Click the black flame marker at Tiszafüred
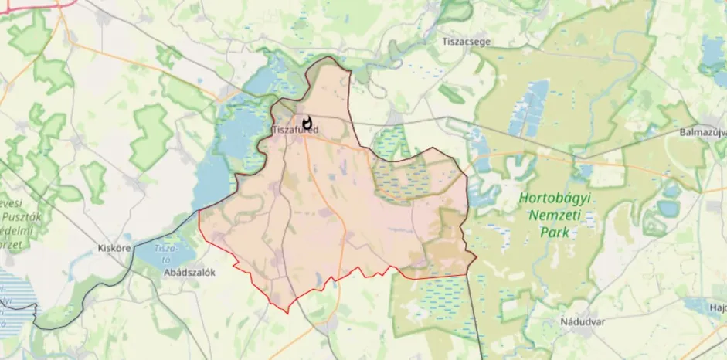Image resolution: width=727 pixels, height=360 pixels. point(307,123)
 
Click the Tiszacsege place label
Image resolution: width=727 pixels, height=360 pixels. point(466,40)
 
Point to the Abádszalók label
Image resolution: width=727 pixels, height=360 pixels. point(189,272)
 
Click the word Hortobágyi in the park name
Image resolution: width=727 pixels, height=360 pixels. point(554,198)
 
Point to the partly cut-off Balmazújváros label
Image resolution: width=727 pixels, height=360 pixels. point(702,132)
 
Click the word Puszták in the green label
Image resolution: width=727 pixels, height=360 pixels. point(16,217)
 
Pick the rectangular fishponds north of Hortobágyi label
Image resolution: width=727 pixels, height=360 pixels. point(529,108)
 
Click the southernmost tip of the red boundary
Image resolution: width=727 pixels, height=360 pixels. point(287,312)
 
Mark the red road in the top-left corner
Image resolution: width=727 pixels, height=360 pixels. point(31,7)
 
